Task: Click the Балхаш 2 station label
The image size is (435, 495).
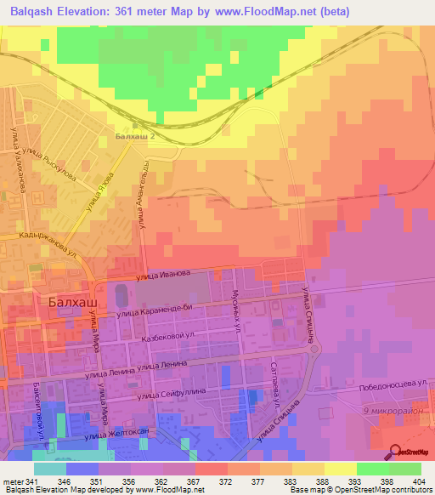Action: [138, 135]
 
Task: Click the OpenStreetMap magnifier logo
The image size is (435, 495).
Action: [394, 452]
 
